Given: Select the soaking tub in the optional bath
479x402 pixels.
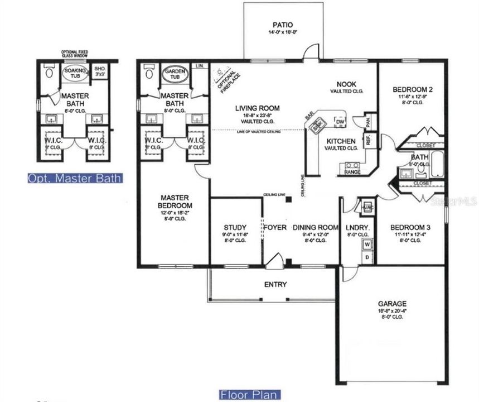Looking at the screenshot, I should tap(75, 73).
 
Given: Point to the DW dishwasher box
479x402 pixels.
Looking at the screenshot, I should tap(340, 121).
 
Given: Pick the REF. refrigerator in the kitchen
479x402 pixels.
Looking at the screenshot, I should tap(369, 141).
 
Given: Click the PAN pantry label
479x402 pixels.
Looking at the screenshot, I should tap(368, 121).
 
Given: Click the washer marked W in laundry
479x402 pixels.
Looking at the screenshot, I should tap(367, 244).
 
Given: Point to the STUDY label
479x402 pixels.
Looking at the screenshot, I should tap(235, 227).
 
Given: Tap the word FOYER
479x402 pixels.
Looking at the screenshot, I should tap(275, 227).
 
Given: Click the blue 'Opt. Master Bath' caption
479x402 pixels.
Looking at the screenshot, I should tap(75, 179).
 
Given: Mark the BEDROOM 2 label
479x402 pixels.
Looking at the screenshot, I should tap(412, 89).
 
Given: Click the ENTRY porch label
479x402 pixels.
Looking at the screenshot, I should tap(275, 284).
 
